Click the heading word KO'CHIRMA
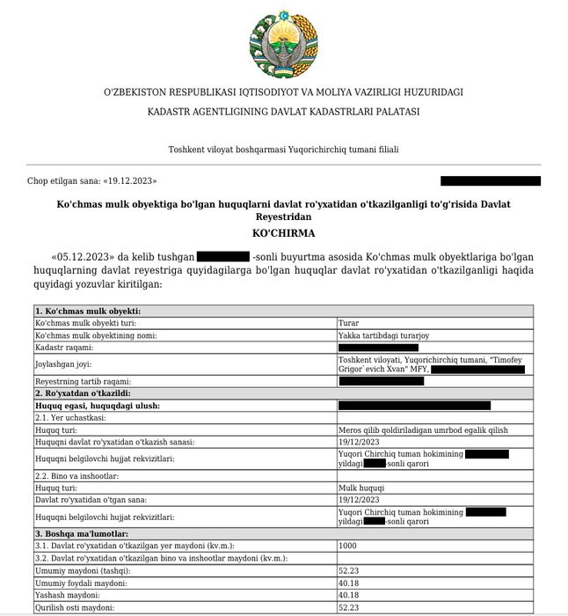(x=283, y=233)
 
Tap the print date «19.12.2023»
(x=130, y=180)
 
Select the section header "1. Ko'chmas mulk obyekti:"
(x=88, y=312)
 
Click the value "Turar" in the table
(x=348, y=324)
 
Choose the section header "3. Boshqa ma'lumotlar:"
(x=82, y=533)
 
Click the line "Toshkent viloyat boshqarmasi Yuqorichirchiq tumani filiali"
(x=283, y=150)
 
